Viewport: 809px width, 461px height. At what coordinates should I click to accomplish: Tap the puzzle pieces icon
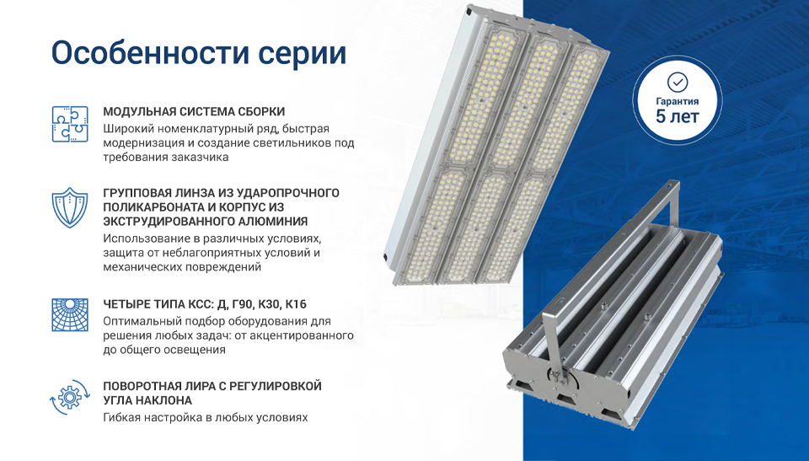tap(70, 124)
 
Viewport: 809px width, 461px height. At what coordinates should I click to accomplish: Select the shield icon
tap(70, 207)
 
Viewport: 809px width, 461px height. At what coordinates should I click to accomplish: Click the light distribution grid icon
tap(70, 314)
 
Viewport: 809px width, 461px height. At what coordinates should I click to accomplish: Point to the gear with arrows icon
tap(70, 397)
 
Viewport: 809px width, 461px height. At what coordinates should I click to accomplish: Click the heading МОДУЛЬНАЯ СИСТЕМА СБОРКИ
tap(194, 111)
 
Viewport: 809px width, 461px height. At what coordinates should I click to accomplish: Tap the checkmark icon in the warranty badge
tap(678, 82)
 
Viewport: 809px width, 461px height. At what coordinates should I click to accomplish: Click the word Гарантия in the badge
tap(678, 102)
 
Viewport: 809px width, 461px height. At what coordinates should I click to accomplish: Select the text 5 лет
tap(678, 116)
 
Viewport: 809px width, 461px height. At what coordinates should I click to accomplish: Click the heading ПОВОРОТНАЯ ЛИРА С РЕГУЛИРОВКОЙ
tap(212, 386)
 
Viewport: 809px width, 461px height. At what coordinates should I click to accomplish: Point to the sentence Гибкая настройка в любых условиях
tap(206, 417)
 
